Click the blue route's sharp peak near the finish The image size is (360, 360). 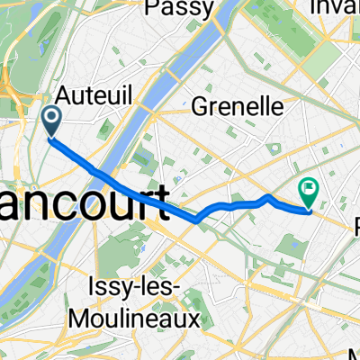pos(268,195)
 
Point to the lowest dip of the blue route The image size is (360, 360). pos(196,220)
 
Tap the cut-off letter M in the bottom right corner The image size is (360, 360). pos(354,354)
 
